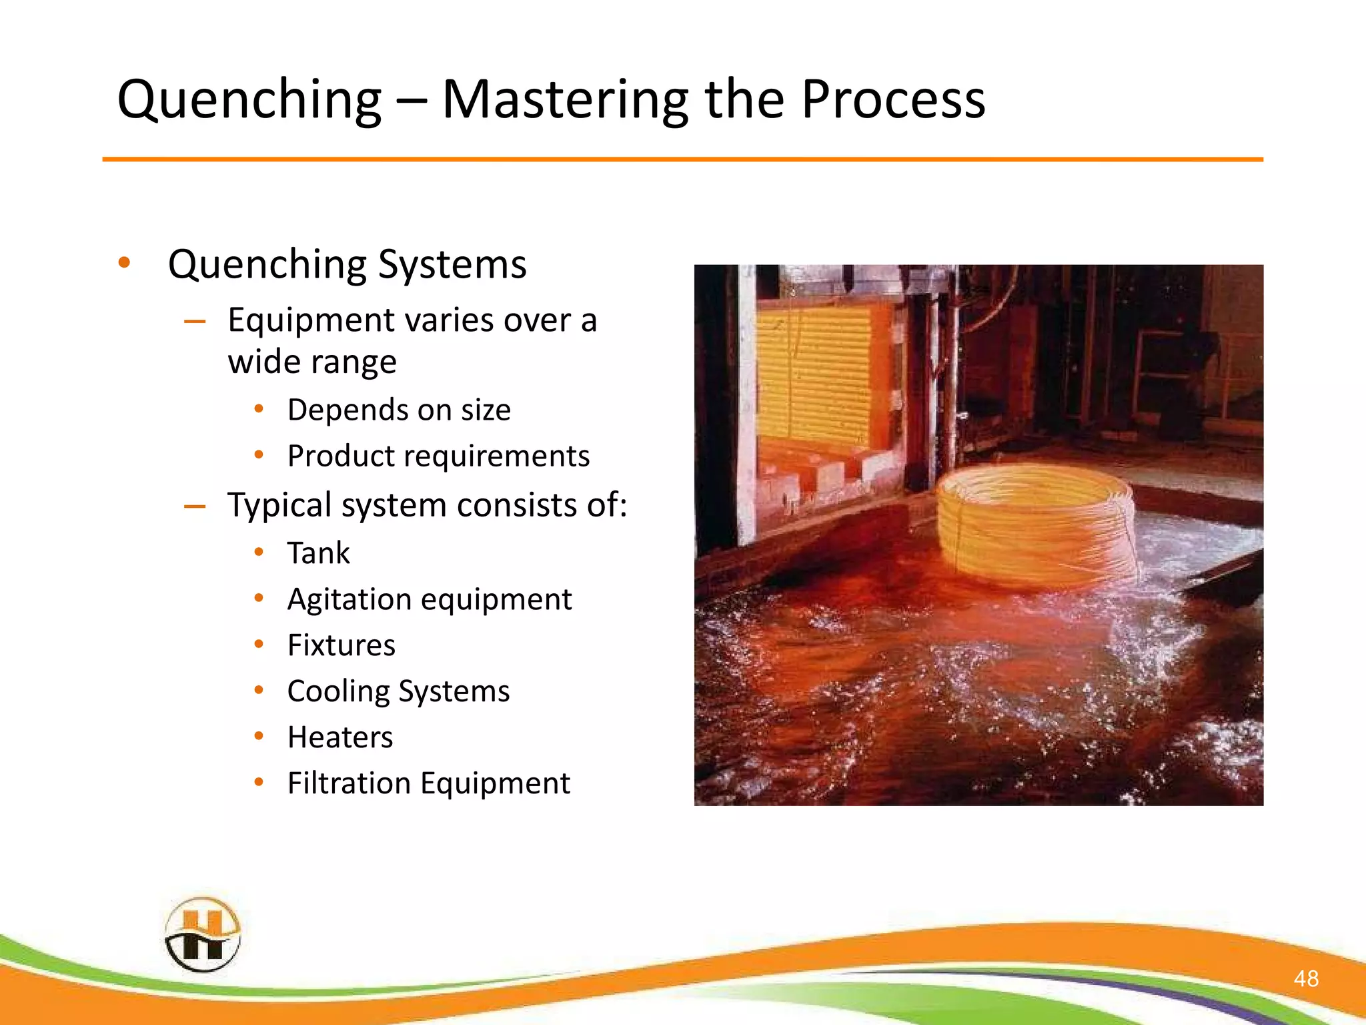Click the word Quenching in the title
249,100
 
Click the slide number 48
1305,978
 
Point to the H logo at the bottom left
202,934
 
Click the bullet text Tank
318,553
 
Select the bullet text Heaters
340,737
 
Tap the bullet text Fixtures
341,645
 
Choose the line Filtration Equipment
428,783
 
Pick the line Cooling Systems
398,691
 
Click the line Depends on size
399,409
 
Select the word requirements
497,456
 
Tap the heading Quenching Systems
347,264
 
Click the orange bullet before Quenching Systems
124,262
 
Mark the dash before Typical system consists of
195,506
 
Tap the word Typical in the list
279,505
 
